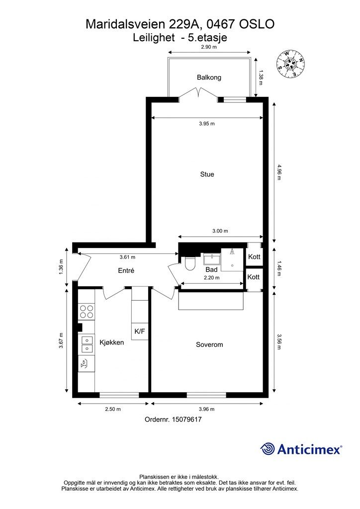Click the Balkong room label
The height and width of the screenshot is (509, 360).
(x=209, y=77)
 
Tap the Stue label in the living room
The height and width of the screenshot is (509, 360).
(x=207, y=174)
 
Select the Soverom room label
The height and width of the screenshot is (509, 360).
(x=209, y=344)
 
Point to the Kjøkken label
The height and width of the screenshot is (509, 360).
(x=112, y=342)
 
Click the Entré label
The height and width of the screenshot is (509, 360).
(x=126, y=270)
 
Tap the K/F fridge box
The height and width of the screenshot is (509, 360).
(x=140, y=332)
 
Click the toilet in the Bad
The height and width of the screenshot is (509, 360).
(x=189, y=263)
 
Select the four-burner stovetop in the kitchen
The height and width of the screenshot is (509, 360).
(x=87, y=312)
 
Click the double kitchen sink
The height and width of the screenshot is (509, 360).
(x=87, y=344)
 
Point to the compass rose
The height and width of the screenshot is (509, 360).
(x=290, y=64)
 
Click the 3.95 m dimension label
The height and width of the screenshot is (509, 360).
(x=207, y=123)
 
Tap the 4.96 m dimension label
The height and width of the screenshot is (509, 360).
(x=278, y=172)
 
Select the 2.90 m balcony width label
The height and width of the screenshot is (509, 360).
(x=209, y=47)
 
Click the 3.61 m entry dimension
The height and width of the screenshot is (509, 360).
(x=127, y=257)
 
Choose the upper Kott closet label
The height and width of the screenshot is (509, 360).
(x=254, y=257)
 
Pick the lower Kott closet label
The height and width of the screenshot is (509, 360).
(x=254, y=277)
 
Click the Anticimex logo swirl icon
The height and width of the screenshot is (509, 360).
(x=268, y=449)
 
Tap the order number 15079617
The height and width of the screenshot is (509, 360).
(x=186, y=420)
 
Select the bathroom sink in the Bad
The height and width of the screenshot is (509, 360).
(x=212, y=259)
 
